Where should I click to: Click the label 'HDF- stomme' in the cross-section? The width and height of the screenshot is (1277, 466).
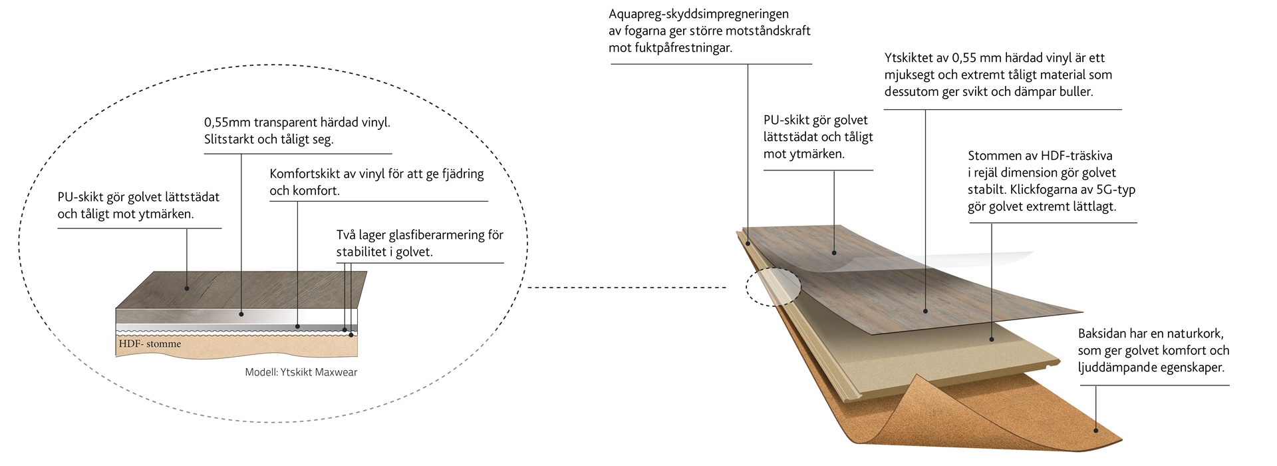pos(150,344)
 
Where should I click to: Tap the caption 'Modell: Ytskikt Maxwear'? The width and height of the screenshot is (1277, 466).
pos(301,372)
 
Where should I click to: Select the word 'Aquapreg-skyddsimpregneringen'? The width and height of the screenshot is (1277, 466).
pos(698,13)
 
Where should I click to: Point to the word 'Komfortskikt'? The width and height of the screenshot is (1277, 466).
pos(305,174)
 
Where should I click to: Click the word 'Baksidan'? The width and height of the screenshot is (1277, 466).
pos(1102,334)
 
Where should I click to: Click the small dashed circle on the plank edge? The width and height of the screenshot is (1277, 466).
pos(773,287)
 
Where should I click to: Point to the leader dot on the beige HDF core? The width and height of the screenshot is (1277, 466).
pos(992,339)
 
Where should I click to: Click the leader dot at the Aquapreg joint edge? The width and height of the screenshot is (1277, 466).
pos(748,244)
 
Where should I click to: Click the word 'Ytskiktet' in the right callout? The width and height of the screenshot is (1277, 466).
pos(909,58)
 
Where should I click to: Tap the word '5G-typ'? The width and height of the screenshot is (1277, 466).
pos(1115,190)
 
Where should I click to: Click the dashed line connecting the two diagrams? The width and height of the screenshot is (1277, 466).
pos(625,288)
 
